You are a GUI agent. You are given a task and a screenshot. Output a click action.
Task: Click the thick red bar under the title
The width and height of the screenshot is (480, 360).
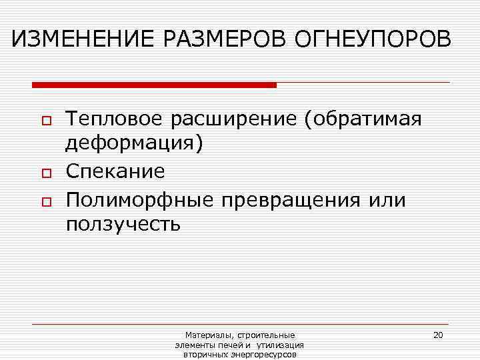pos(154,85)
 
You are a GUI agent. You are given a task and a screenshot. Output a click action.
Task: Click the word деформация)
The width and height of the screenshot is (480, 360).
pos(133,145)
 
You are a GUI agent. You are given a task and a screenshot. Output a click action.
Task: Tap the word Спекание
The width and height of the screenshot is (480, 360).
pos(115,171)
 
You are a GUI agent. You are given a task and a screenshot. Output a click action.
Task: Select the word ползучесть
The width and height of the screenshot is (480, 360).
pos(123,224)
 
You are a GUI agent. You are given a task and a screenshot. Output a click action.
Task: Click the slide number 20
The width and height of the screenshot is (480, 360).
pos(438,335)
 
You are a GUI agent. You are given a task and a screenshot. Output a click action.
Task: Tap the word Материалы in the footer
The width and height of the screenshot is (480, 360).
pos(206,335)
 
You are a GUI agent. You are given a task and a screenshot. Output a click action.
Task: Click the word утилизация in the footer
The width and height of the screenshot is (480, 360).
pos(280,345)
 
